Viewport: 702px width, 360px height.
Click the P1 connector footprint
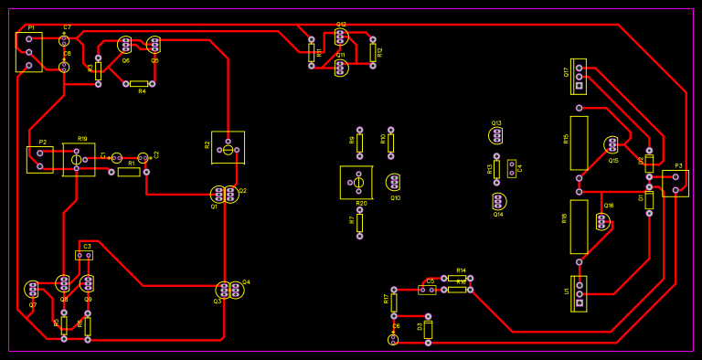[x=28, y=52]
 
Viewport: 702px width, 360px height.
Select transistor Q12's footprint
[x=341, y=37]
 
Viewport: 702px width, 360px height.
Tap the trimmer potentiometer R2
[x=228, y=147]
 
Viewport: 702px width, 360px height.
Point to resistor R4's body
[x=139, y=83]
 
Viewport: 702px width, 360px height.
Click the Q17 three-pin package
[x=579, y=77]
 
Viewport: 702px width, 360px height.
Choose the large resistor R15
[x=579, y=143]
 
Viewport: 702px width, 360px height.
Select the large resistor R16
[x=579, y=227]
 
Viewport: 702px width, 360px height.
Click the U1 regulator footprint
[x=579, y=293]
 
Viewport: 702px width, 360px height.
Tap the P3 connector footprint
[x=675, y=183]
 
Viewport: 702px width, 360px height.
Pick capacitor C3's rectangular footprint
[x=84, y=255]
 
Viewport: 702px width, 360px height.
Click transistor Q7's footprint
[x=33, y=289]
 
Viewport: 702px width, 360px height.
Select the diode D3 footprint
[x=428, y=330]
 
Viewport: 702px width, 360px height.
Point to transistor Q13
[x=496, y=135]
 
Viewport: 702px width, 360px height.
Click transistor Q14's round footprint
[x=498, y=201]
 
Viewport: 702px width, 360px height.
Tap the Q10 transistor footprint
[x=393, y=182]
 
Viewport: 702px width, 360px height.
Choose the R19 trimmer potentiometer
[x=79, y=159]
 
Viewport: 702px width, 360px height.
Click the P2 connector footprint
[x=39, y=159]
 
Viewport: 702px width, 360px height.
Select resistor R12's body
[x=373, y=52]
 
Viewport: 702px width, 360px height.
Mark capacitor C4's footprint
[x=512, y=168]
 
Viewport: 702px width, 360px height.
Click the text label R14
[x=461, y=270]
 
